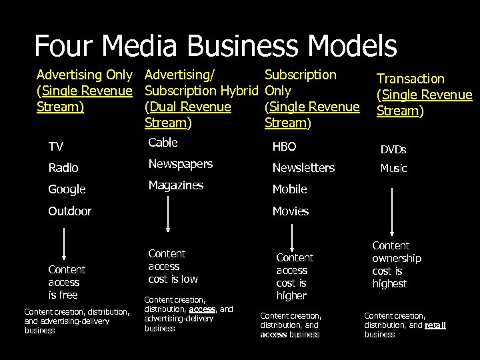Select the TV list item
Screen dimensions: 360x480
(56, 147)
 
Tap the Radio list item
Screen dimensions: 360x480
(63, 168)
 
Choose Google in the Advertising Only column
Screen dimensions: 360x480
(67, 189)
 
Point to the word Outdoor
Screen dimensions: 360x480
(69, 211)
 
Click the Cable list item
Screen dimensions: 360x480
(163, 142)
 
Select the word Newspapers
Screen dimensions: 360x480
(180, 164)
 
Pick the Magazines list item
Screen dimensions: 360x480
(175, 185)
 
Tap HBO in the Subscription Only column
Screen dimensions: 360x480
(284, 147)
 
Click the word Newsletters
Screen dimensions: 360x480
(303, 168)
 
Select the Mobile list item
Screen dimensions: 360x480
(289, 189)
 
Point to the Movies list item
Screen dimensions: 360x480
(291, 211)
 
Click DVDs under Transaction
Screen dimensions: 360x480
(393, 150)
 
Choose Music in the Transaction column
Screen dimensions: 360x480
(393, 169)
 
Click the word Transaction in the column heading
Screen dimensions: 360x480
(411, 79)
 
